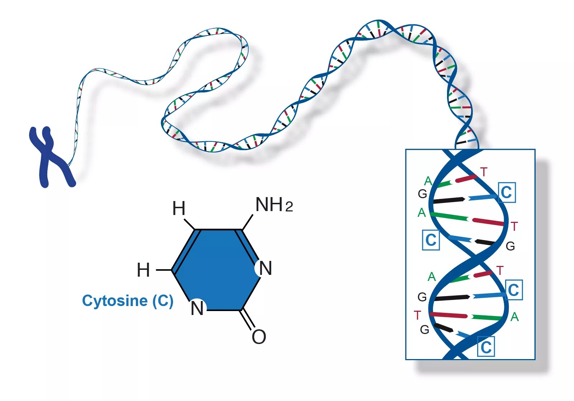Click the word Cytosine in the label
point(114,301)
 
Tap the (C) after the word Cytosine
point(163,301)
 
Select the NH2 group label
point(274,205)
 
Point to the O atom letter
point(259,337)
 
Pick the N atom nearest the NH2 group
point(265,268)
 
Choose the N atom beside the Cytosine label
point(197,308)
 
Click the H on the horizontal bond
point(143,270)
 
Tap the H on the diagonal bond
point(179,208)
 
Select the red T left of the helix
point(417,315)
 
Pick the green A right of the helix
point(514,317)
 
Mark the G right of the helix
point(510,246)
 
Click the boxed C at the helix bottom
point(486,347)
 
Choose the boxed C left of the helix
point(431,240)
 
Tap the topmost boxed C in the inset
point(507,192)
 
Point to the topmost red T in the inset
point(484,172)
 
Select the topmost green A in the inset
point(428,181)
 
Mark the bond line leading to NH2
point(248,222)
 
